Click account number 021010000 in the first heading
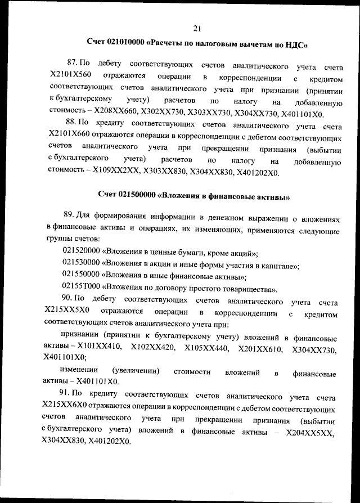click(x=125, y=43)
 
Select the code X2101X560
click(x=70, y=75)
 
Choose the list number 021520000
click(x=81, y=253)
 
